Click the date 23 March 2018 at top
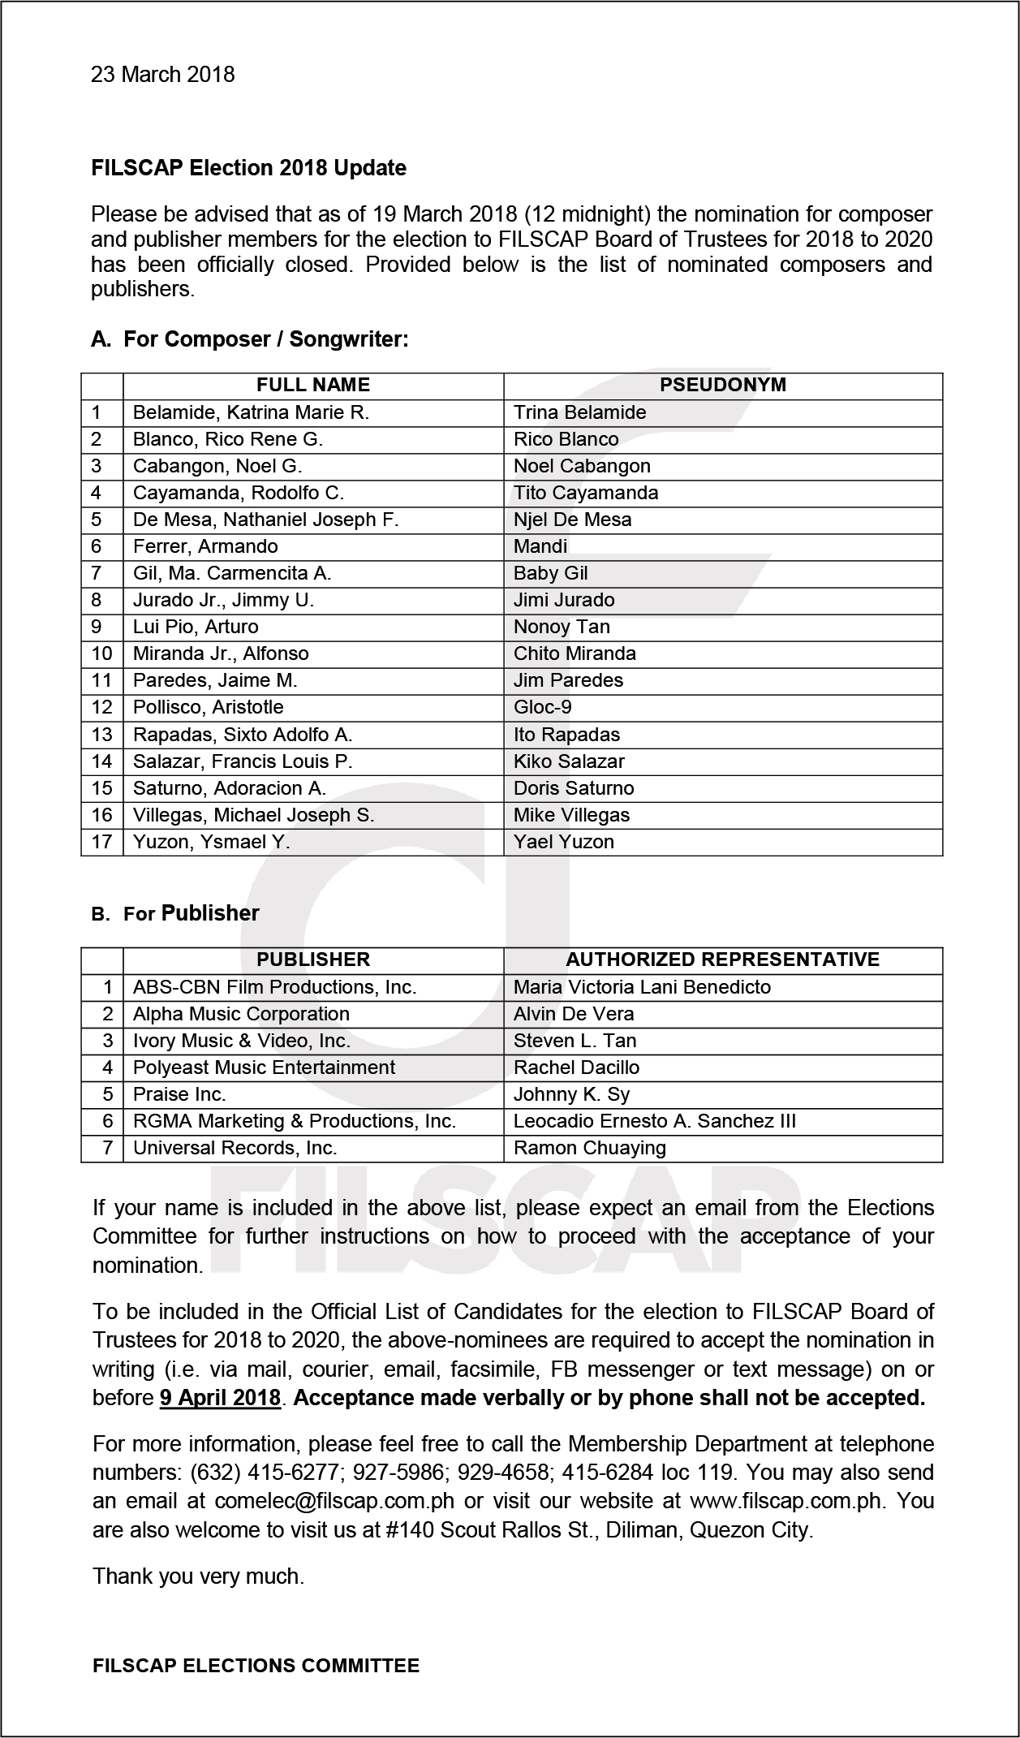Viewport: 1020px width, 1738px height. pos(162,75)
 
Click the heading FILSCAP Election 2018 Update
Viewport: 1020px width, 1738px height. pos(248,168)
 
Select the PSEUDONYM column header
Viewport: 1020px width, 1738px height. pos(722,385)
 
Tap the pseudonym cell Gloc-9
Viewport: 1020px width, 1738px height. pos(542,707)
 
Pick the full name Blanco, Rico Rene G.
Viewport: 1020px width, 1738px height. pos(228,439)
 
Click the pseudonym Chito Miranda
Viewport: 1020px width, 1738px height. pos(575,653)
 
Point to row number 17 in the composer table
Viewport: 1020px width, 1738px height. pos(101,842)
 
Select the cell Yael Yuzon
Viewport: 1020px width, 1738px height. pos(563,842)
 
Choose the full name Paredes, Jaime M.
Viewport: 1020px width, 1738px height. pos(215,680)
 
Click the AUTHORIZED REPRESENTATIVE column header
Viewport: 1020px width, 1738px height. pos(722,960)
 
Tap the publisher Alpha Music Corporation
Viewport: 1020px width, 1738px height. pos(241,1014)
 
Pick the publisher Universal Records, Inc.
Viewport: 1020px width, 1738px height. pos(235,1148)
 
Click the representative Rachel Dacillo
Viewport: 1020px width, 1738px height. pos(576,1067)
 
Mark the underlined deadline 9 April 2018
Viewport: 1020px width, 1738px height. pos(220,1398)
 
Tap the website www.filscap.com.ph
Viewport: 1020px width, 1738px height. pos(785,1500)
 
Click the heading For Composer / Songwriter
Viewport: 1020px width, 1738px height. pos(265,339)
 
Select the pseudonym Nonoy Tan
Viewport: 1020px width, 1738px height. pos(562,627)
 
